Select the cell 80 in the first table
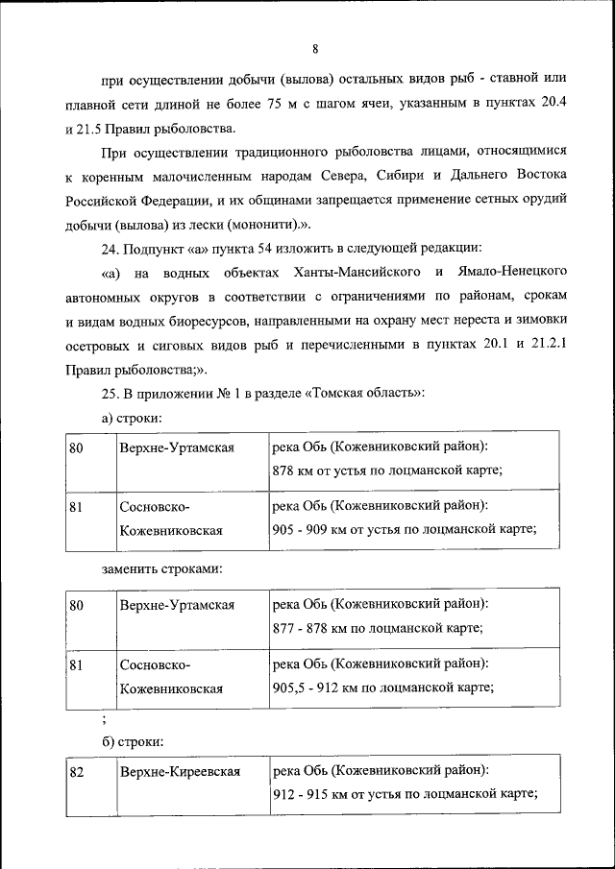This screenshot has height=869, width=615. pyautogui.click(x=77, y=447)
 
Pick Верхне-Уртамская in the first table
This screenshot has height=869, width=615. pyautogui.click(x=177, y=447)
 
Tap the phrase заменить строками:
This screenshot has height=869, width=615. pyautogui.click(x=161, y=568)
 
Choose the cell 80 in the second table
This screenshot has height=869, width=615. pyautogui.click(x=77, y=606)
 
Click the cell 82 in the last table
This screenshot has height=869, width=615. pyautogui.click(x=77, y=772)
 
